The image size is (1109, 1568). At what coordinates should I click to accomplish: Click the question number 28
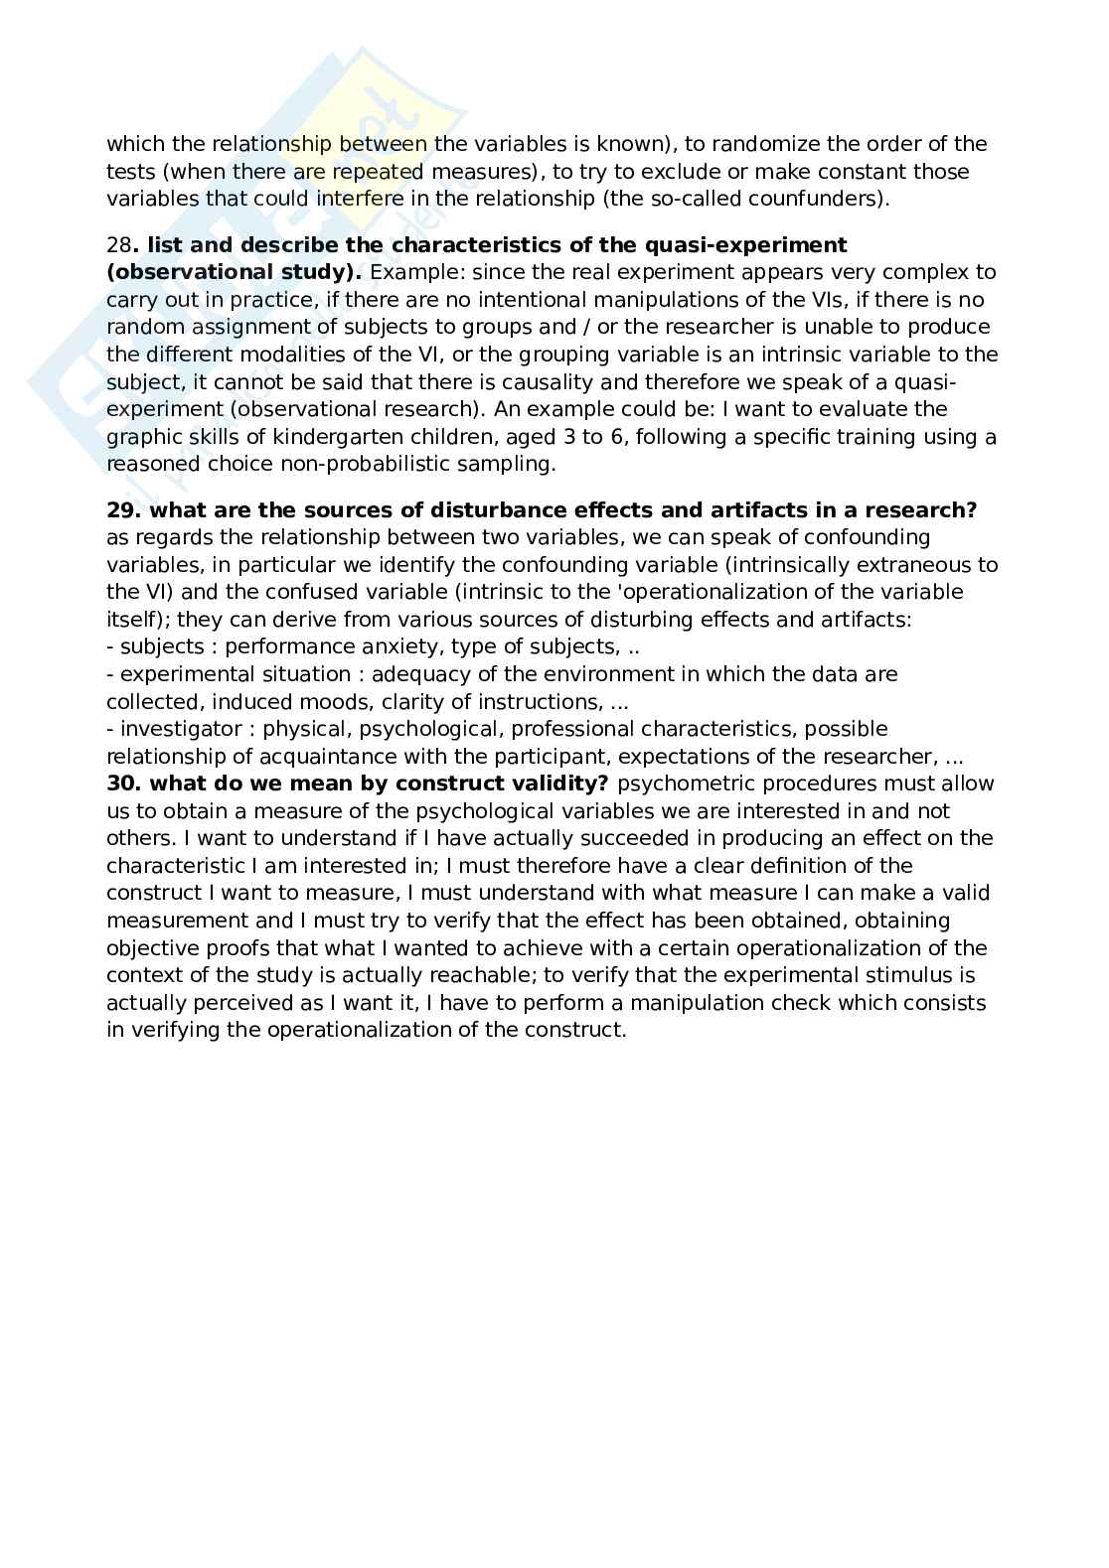[119, 245]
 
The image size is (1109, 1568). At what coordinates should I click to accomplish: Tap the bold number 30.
[124, 784]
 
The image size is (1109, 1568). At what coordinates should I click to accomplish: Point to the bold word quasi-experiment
[761, 245]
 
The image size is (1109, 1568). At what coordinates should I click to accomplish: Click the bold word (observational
[181, 272]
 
